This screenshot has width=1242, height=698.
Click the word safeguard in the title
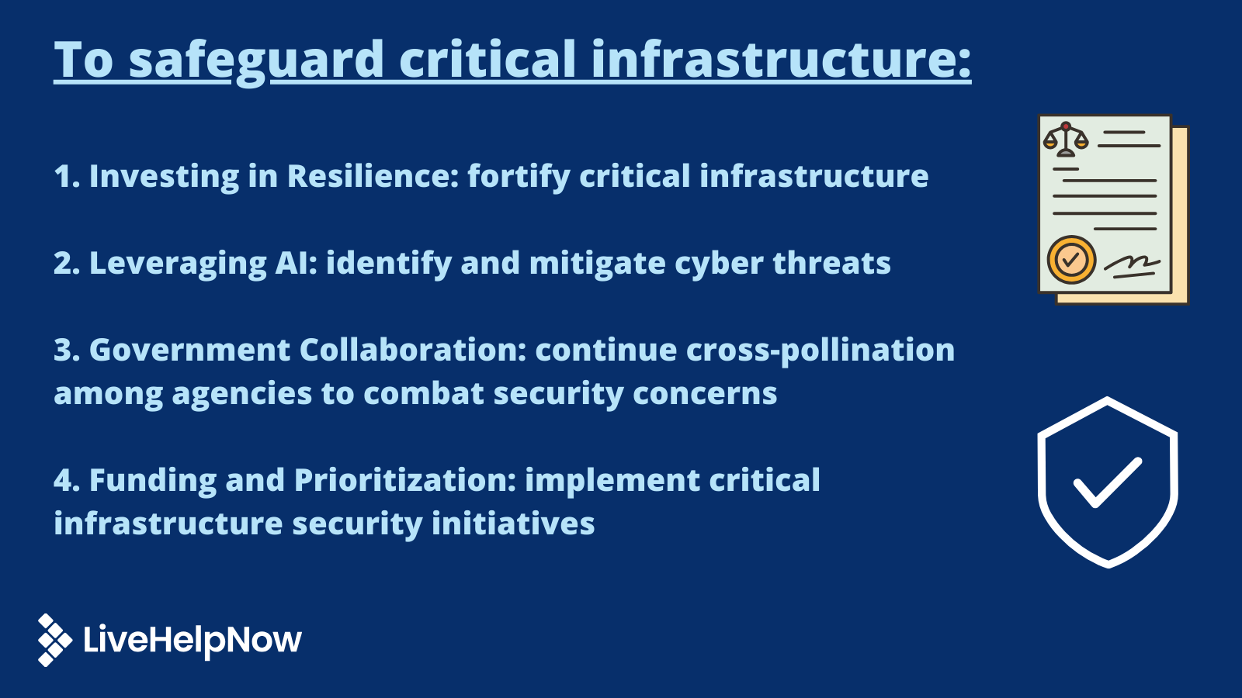(256, 60)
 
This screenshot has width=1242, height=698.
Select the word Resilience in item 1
(373, 176)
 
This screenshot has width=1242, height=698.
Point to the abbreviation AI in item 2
(297, 263)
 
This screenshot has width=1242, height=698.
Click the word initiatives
(513, 523)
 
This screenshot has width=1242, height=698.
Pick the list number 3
(66, 350)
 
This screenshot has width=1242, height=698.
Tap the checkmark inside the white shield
(1108, 482)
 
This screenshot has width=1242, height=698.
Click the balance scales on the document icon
(1066, 140)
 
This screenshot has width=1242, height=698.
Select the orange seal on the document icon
(1071, 260)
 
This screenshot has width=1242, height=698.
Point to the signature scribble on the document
(1132, 265)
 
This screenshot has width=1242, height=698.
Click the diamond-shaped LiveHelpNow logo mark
(54, 640)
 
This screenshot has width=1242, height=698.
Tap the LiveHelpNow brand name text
(192, 640)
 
